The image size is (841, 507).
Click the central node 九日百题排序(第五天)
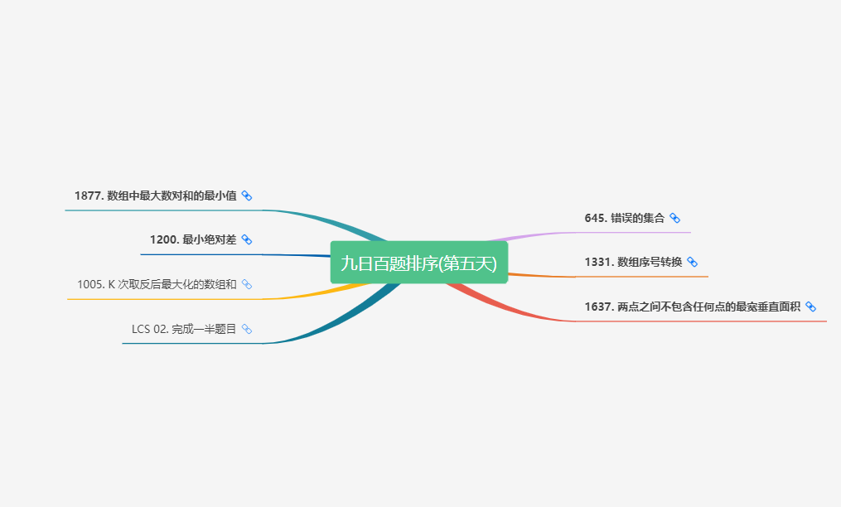418,263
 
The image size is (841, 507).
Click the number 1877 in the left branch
87,196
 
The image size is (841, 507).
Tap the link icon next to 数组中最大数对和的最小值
246,196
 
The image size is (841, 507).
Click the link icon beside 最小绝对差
246,239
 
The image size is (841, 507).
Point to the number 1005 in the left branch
89,284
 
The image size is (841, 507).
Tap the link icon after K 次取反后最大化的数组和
246,284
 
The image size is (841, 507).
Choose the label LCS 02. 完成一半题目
184,329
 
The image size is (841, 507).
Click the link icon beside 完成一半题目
246,329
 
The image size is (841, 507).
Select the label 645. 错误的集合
624,218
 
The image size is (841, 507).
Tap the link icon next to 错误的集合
674,218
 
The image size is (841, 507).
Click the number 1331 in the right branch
597,262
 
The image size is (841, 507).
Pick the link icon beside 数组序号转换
692,262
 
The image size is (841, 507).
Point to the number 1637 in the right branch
597,307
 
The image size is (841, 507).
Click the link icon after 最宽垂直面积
810,307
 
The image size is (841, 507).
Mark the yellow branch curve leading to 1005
331,291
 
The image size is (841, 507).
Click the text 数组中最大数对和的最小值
172,196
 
